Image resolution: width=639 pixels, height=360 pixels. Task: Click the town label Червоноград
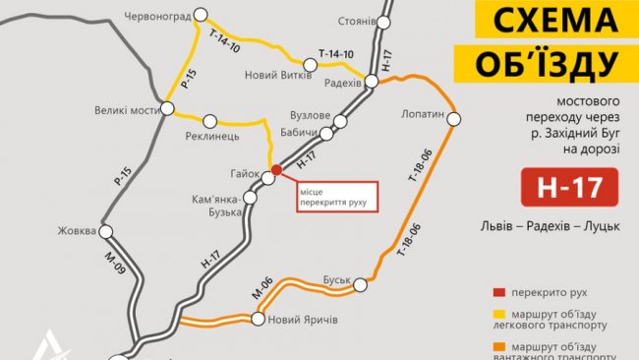[x=156, y=15]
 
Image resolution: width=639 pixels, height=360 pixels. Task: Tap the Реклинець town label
[x=212, y=136]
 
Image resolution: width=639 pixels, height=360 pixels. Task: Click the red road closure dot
[x=276, y=170]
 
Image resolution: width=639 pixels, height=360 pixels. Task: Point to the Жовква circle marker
[x=105, y=232]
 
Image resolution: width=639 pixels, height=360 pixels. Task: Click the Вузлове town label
[x=311, y=115]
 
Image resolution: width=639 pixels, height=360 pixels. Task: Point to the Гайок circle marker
[x=267, y=179]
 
